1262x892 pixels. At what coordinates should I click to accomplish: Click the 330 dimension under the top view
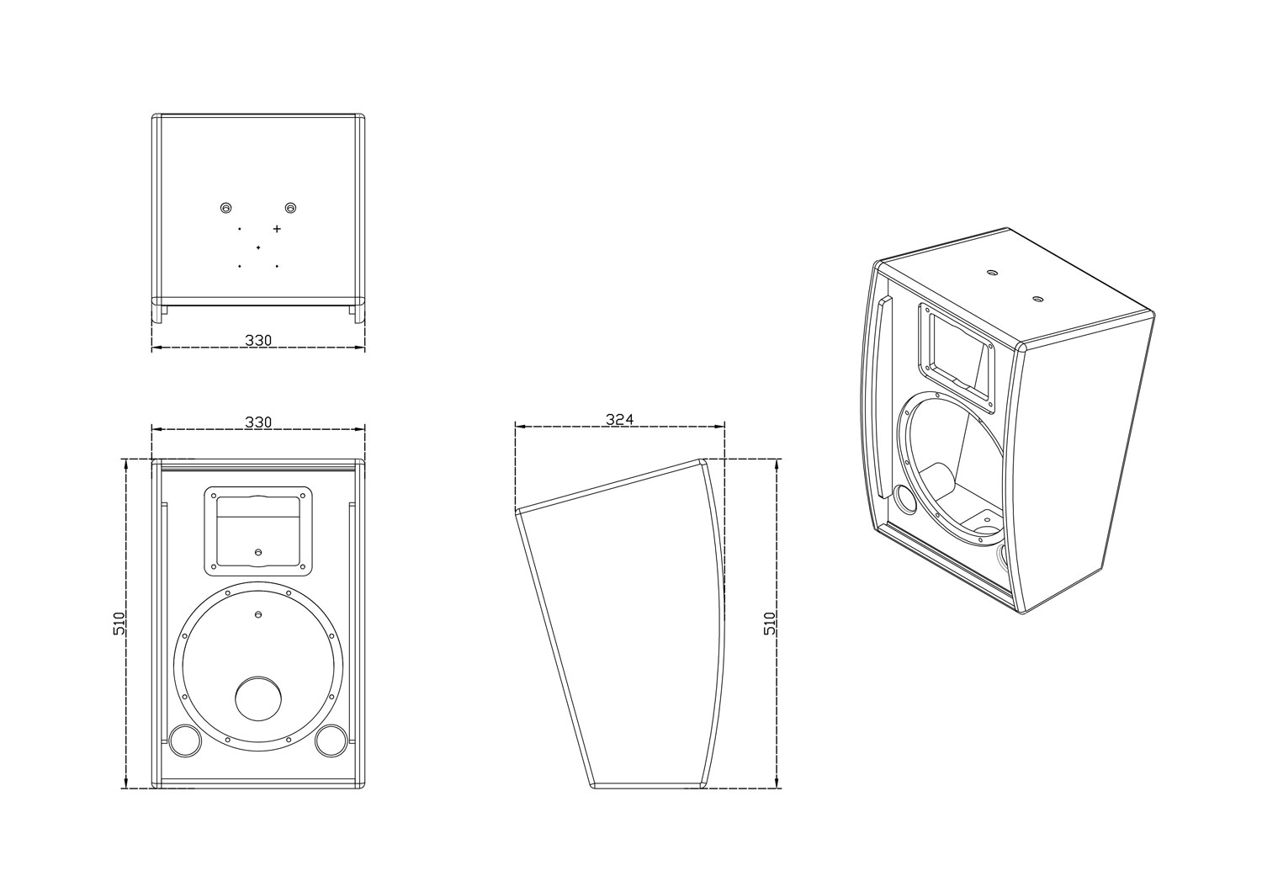click(258, 340)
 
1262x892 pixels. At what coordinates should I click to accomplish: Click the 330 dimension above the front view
click(258, 421)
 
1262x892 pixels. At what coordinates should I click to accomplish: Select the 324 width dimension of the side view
click(619, 418)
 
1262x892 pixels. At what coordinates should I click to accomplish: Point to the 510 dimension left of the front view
click(119, 623)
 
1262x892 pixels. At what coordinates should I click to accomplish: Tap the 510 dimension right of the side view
click(769, 623)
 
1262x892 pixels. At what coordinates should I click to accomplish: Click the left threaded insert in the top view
click(225, 208)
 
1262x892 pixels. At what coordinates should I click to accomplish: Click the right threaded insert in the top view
click(291, 208)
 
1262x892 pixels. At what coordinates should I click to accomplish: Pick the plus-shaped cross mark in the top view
click(277, 228)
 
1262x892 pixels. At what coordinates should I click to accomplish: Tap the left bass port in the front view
click(185, 740)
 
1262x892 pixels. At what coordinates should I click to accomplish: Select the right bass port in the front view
click(331, 740)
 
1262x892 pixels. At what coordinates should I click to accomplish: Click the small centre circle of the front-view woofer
click(258, 698)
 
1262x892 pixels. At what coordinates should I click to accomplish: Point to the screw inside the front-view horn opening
click(258, 552)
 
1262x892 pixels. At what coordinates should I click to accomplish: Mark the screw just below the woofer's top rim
click(258, 614)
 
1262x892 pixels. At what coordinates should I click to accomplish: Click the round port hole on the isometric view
click(904, 499)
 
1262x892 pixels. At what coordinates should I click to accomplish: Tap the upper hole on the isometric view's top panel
click(989, 273)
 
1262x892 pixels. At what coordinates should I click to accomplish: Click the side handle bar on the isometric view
click(879, 396)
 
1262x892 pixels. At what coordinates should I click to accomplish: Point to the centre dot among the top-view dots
click(258, 247)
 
